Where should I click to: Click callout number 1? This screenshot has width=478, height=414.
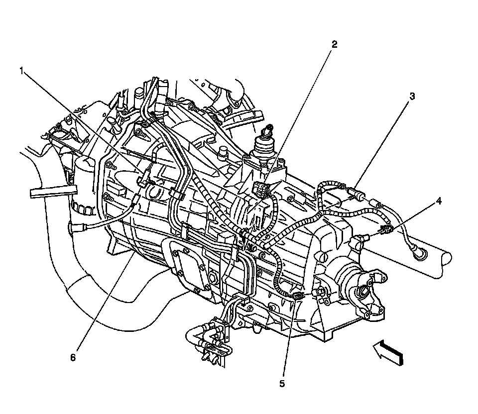[21, 71]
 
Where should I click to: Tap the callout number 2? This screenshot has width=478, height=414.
[335, 44]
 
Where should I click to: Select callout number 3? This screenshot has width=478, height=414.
[411, 96]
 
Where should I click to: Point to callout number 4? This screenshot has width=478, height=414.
[438, 201]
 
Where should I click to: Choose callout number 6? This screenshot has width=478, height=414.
[73, 357]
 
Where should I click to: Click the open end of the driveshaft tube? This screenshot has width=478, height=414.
[446, 259]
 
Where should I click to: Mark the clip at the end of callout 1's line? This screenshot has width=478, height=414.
[146, 179]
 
